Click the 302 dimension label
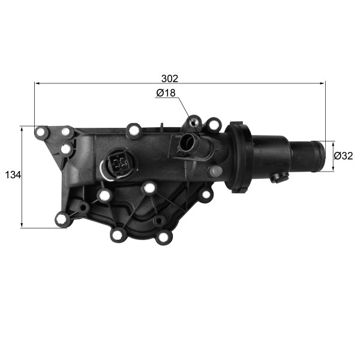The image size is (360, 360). (x=169, y=79)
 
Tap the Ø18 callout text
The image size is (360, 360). (x=166, y=93)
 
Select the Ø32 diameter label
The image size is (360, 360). (x=343, y=156)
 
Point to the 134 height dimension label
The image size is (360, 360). (x=13, y=175)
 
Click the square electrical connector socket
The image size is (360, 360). (x=119, y=163)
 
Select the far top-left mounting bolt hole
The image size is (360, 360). (x=41, y=132)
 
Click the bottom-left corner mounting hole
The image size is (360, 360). (x=62, y=219)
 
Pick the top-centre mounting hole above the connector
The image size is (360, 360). (x=133, y=131)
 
